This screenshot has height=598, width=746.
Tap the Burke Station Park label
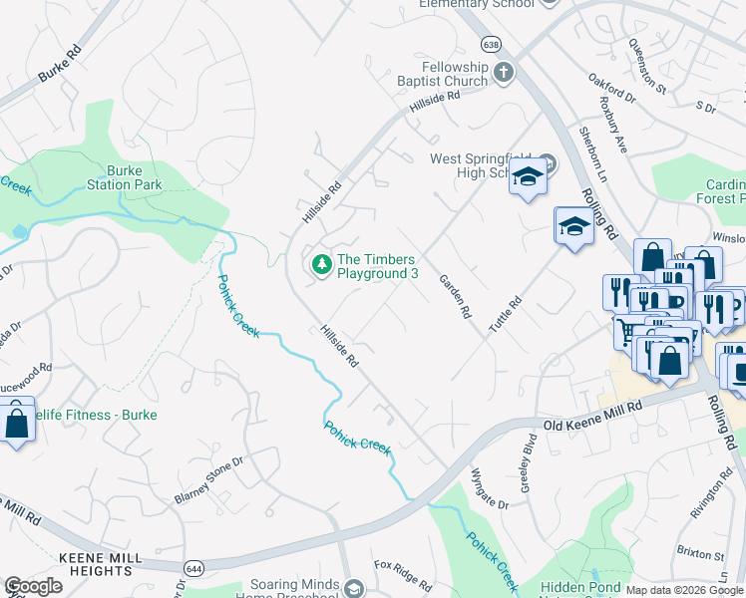click(x=124, y=177)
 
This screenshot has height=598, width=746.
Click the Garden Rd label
click(x=453, y=297)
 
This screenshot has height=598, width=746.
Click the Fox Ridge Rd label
click(x=403, y=575)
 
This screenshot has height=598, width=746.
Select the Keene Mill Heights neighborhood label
click(x=96, y=563)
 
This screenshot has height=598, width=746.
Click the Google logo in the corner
click(x=33, y=586)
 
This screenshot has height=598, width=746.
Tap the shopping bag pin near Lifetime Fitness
click(x=17, y=422)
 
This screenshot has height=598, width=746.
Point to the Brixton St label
click(x=700, y=553)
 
